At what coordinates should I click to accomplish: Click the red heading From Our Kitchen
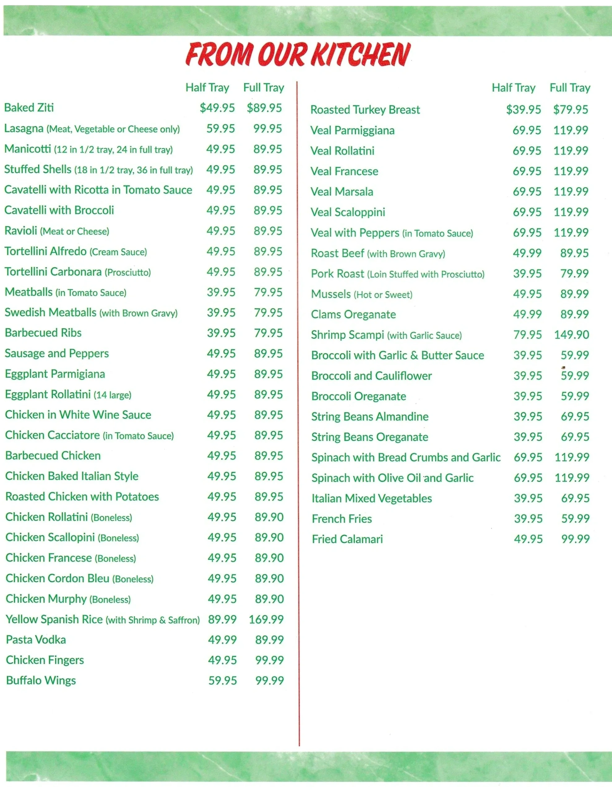tap(297, 54)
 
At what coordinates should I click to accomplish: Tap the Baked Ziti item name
tap(29, 108)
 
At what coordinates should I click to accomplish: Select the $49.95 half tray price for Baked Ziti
tap(217, 108)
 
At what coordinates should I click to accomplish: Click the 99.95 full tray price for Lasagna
tap(267, 128)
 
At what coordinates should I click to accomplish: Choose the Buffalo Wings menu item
tap(41, 680)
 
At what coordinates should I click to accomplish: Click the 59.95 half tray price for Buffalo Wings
tap(222, 680)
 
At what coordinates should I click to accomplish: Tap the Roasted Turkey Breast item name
tap(365, 110)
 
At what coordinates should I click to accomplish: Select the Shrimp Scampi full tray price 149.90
tap(571, 335)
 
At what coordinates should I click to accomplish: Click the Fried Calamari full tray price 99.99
tap(575, 539)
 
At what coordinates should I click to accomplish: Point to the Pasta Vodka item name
tap(36, 640)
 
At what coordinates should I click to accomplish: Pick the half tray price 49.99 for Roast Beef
tap(527, 253)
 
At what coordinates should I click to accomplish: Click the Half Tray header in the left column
tap(207, 88)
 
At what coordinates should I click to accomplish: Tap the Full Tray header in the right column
tap(570, 88)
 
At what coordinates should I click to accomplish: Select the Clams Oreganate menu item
tap(353, 314)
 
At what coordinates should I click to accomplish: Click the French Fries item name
tap(342, 519)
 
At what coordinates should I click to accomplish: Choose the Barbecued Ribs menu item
tap(43, 333)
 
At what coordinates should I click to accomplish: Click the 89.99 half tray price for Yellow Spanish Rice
tap(222, 619)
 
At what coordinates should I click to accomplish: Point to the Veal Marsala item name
tap(342, 192)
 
